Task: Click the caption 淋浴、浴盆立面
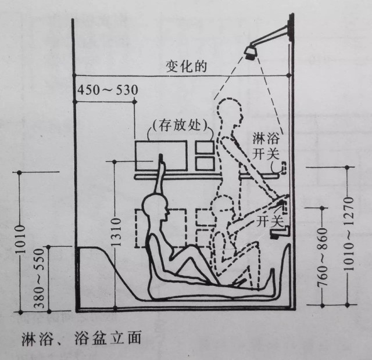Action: (x=75, y=337)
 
